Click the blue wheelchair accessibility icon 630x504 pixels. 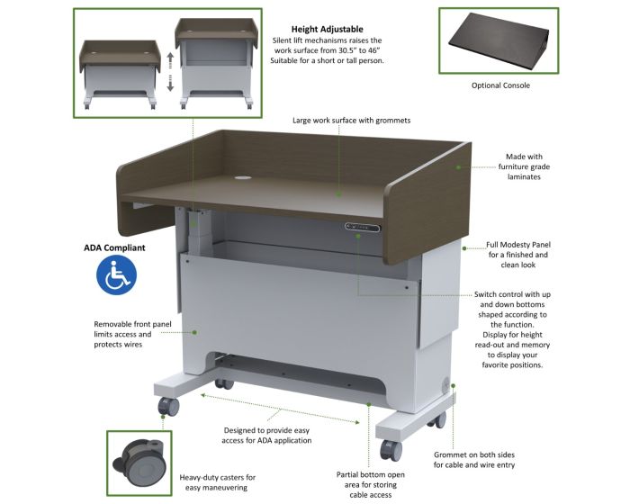point(116,274)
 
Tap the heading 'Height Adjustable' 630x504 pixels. point(327,29)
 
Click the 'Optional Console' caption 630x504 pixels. point(500,85)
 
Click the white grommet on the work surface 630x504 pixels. point(243,177)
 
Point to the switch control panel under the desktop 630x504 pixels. point(362,228)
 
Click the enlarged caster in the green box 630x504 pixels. point(139,463)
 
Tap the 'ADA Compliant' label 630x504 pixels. point(114,247)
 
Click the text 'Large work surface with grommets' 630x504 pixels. point(352,121)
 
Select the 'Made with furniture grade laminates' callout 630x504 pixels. point(524,166)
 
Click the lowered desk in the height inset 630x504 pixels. point(119,74)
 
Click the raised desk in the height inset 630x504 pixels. point(216,64)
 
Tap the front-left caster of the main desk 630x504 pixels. point(168,406)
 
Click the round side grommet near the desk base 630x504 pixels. point(446,385)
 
